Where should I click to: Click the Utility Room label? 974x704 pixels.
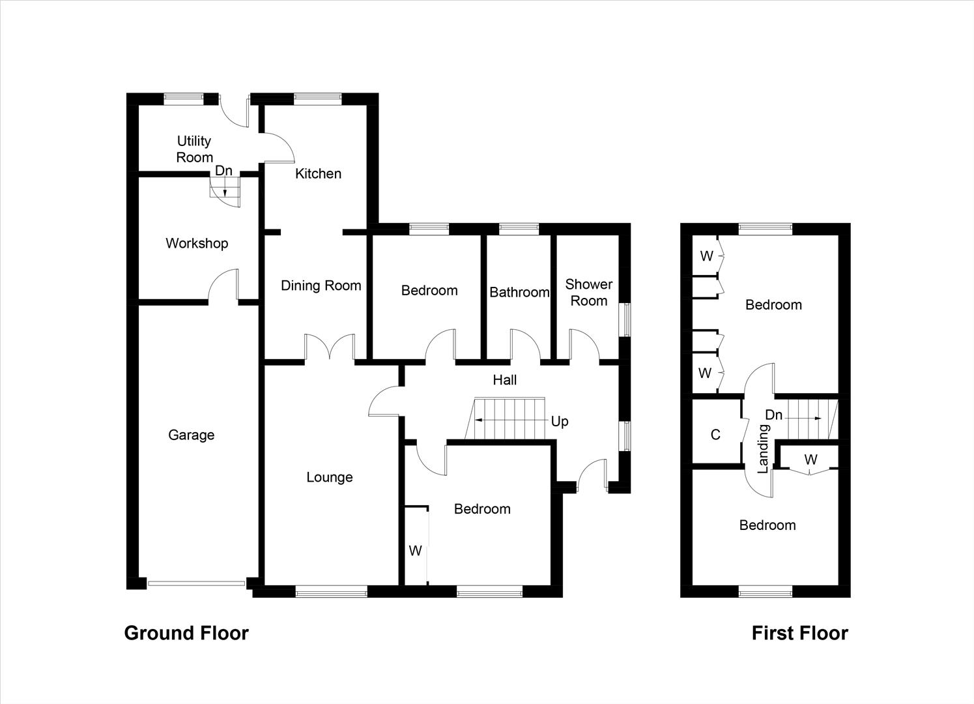pos(194,149)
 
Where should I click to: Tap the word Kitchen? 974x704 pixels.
pos(318,173)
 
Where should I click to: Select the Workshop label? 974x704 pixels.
pos(197,243)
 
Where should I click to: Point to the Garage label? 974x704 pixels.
pos(191,435)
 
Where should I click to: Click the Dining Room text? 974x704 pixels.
pos(321,286)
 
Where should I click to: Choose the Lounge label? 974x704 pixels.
pos(329,477)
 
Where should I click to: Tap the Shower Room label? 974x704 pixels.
pos(588,293)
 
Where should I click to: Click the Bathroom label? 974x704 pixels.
pos(519,292)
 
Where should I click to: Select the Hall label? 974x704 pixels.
pos(504,380)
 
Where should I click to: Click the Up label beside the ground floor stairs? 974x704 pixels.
pos(559,421)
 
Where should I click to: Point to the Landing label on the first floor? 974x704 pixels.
pos(763,448)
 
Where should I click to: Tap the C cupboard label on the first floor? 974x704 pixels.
pos(715,435)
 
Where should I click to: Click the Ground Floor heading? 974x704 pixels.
pos(186,633)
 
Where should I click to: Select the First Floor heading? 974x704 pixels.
pos(799,633)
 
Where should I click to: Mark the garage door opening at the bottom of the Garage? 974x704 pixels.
pos(196,583)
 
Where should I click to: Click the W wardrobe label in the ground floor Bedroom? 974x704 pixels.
pos(415,551)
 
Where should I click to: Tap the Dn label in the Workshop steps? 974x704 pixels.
pos(223,171)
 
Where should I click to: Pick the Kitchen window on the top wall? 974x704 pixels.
pos(317,98)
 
